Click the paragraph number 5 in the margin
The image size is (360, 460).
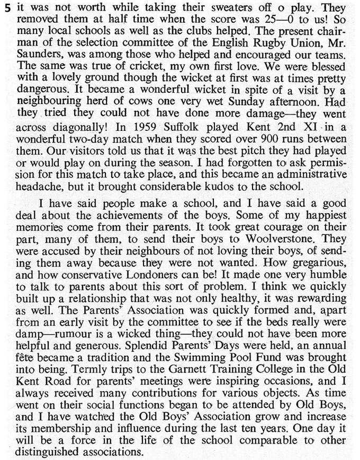pyautogui.click(x=6, y=10)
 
